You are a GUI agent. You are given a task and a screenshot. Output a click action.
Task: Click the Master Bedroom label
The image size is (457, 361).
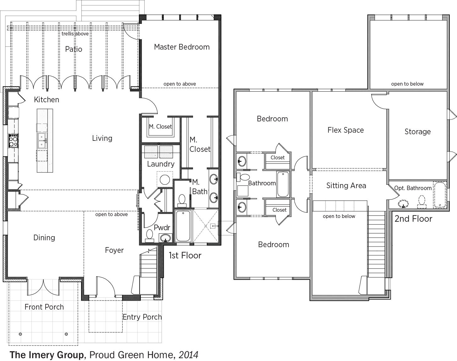pos(182,47)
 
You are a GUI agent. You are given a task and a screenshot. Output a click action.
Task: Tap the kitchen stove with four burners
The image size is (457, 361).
pos(14,141)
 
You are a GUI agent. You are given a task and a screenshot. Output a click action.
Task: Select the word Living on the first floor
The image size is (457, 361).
pos(102,138)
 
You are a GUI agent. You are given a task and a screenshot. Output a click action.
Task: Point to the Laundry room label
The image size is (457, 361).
pos(161,164)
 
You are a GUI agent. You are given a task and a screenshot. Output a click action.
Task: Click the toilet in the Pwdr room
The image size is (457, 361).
pos(150,236)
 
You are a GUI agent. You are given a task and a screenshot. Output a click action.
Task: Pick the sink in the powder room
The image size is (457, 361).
pos(165,238)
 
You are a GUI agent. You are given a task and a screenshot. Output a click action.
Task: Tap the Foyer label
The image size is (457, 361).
pos(114,250)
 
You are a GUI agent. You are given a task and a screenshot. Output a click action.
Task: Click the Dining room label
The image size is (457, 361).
pos(44,238)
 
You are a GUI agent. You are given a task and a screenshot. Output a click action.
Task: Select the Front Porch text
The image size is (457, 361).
pos(44,307)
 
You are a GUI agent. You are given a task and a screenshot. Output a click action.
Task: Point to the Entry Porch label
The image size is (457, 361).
pos(142,317)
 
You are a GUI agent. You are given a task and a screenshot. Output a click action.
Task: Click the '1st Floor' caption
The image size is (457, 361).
pos(185,255)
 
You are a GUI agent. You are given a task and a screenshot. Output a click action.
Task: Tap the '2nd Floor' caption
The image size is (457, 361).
pos(413,219)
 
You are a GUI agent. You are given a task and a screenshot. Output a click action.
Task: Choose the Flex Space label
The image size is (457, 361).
pos(346,130)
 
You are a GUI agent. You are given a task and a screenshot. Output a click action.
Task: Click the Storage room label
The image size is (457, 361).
pos(417,132)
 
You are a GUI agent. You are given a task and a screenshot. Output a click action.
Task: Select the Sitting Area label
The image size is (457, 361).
pos(346,186)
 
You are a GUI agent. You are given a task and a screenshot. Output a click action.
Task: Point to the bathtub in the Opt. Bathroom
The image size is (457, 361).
pos(440,195)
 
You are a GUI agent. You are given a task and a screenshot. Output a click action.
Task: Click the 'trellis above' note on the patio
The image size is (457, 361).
pos(75,34)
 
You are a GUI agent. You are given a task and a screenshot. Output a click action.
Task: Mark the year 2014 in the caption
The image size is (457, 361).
pos(189,355)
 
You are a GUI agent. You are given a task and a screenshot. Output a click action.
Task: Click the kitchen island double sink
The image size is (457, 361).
pos(42,141)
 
